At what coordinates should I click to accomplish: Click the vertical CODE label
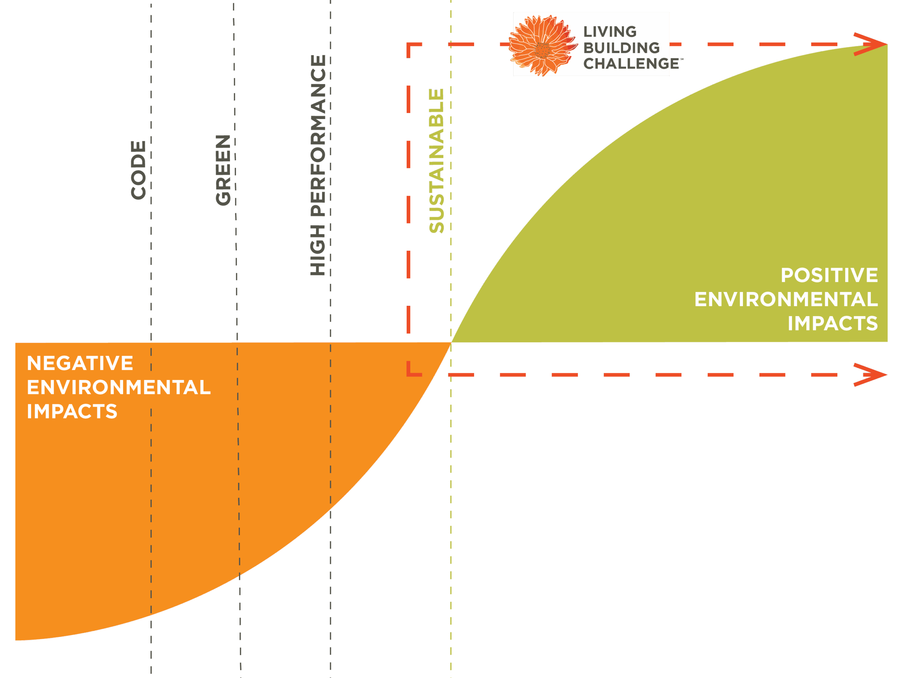(x=138, y=170)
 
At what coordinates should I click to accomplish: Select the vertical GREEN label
(x=223, y=170)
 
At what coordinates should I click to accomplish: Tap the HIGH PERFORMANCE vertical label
(x=318, y=165)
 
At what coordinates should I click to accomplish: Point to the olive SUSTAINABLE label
(x=436, y=161)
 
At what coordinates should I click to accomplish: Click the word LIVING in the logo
(x=610, y=32)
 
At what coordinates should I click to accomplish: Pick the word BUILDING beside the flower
(x=621, y=48)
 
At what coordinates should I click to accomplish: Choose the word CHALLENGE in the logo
(x=631, y=64)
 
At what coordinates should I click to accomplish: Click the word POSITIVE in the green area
(x=829, y=275)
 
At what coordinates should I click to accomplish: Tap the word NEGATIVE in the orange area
(x=80, y=363)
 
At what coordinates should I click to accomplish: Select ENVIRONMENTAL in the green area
(x=786, y=299)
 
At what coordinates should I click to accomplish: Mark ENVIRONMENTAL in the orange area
(x=119, y=387)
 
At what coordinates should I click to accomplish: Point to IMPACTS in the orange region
(x=72, y=411)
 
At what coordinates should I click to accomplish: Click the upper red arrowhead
(x=874, y=44)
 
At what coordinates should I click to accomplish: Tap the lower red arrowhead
(x=874, y=374)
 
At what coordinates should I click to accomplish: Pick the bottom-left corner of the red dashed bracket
(x=410, y=374)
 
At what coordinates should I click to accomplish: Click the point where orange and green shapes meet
(x=451, y=343)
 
